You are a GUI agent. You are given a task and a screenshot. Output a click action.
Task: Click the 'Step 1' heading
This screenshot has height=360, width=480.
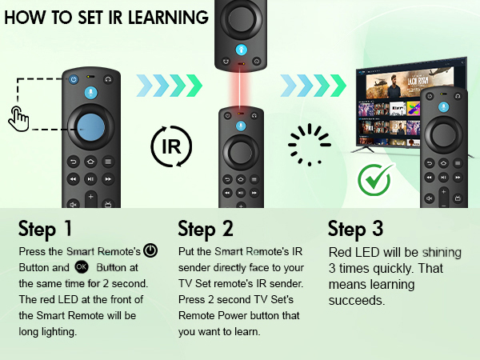(46, 230)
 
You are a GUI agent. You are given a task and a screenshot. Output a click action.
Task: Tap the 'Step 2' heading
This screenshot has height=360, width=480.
(206, 230)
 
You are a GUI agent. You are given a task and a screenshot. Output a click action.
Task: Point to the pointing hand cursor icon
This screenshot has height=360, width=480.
(18, 119)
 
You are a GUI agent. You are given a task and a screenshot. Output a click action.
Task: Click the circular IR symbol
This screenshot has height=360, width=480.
(171, 147)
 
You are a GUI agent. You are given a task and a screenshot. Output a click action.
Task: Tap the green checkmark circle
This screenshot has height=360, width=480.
(374, 181)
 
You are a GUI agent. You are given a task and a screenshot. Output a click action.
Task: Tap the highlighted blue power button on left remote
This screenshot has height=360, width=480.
(74, 79)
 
